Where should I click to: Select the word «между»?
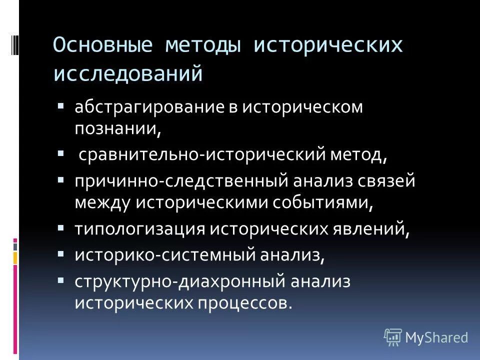(102, 202)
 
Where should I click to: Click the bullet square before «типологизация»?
(61, 227)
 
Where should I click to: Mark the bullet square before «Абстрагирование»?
(61, 106)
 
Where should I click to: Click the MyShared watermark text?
(436, 337)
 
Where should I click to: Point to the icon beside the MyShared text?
(393, 337)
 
